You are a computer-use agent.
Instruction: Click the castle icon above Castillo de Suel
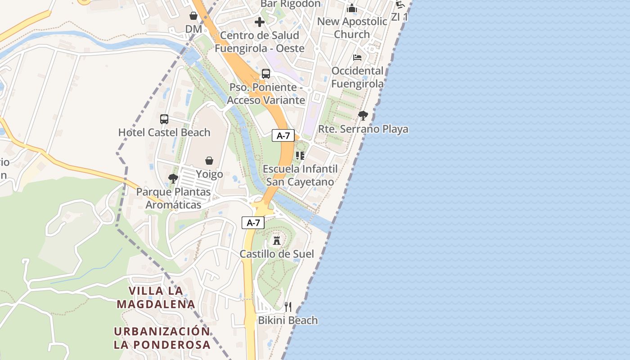pyautogui.click(x=277, y=240)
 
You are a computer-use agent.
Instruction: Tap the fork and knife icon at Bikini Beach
pyautogui.click(x=288, y=307)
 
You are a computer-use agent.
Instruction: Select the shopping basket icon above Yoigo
pyautogui.click(x=209, y=161)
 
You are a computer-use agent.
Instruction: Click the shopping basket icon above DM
pyautogui.click(x=193, y=16)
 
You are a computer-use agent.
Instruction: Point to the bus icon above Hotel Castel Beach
pyautogui.click(x=164, y=119)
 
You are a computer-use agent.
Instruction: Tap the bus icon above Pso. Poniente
pyautogui.click(x=266, y=74)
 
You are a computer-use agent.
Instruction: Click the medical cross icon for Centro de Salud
pyautogui.click(x=260, y=22)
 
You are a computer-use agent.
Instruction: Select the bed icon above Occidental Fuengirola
pyautogui.click(x=357, y=58)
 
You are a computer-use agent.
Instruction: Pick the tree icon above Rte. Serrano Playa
pyautogui.click(x=363, y=116)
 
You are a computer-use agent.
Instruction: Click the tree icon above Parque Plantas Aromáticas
pyautogui.click(x=173, y=179)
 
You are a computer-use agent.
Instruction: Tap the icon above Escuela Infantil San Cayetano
pyautogui.click(x=300, y=156)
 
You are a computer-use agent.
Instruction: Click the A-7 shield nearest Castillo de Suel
pyautogui.click(x=253, y=222)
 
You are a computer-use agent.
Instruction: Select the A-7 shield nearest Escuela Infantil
pyautogui.click(x=283, y=135)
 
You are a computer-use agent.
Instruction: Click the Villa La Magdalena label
pyautogui.click(x=156, y=297)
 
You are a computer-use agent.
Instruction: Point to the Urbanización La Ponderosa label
pyautogui.click(x=162, y=338)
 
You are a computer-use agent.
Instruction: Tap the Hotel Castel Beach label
pyautogui.click(x=164, y=132)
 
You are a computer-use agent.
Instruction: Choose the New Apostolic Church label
pyautogui.click(x=352, y=27)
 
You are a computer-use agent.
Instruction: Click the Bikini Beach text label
pyautogui.click(x=288, y=320)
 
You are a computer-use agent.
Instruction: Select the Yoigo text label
pyautogui.click(x=209, y=174)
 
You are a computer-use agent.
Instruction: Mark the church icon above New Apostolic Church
pyautogui.click(x=352, y=8)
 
